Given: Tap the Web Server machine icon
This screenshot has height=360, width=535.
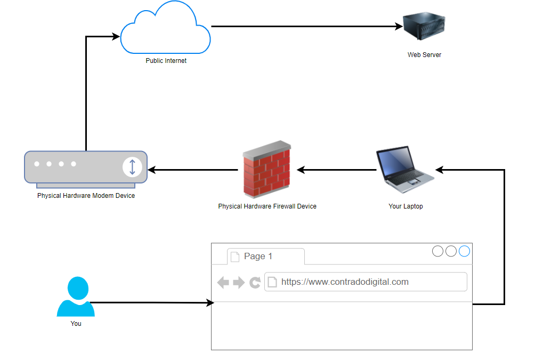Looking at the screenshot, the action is pyautogui.click(x=424, y=26).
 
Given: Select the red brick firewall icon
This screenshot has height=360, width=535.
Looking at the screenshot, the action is pyautogui.click(x=267, y=169).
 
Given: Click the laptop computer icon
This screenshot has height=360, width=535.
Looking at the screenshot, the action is pyautogui.click(x=404, y=170).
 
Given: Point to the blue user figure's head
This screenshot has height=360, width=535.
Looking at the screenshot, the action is pyautogui.click(x=78, y=288).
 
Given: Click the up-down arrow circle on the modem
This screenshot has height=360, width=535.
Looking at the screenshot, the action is pyautogui.click(x=132, y=167).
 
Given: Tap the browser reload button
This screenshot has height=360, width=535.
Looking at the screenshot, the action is pyautogui.click(x=255, y=282).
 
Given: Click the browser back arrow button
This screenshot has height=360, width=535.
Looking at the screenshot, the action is pyautogui.click(x=223, y=283).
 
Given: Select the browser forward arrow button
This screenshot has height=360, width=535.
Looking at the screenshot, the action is pyautogui.click(x=239, y=283).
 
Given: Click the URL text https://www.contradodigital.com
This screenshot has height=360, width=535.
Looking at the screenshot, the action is pyautogui.click(x=345, y=282).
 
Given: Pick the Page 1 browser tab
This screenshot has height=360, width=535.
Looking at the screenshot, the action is pyautogui.click(x=266, y=257).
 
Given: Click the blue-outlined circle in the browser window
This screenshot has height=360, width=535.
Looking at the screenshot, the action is pyautogui.click(x=464, y=251).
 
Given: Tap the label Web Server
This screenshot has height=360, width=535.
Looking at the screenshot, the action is pyautogui.click(x=424, y=54).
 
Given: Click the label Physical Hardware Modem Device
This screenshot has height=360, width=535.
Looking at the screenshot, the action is pyautogui.click(x=86, y=195).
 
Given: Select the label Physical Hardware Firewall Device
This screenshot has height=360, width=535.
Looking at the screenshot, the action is pyautogui.click(x=267, y=206).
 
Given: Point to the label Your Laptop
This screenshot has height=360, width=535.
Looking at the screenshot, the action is pyautogui.click(x=406, y=206).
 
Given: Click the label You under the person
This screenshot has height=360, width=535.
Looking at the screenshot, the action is pyautogui.click(x=76, y=323).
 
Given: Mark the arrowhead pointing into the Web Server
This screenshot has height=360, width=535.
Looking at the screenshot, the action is pyautogui.click(x=399, y=26).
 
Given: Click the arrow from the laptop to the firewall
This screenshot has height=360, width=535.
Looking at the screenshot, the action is pyautogui.click(x=336, y=170).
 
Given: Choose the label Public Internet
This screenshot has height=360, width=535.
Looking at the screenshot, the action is pyautogui.click(x=166, y=60).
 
